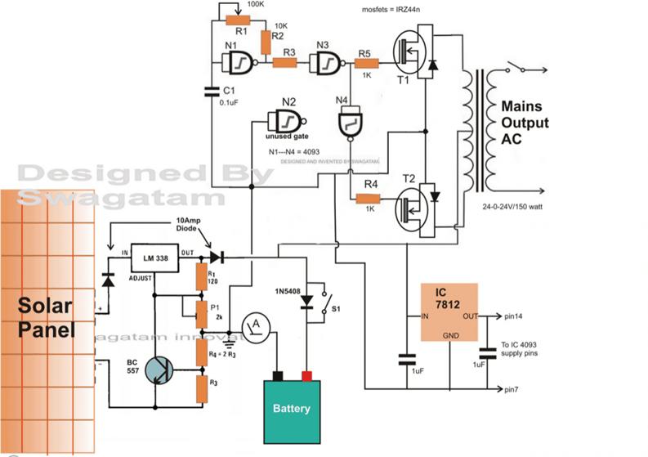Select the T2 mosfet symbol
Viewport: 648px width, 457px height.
coord(412,204)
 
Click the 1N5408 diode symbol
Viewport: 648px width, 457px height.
coord(308,301)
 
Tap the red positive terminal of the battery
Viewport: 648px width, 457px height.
coord(308,375)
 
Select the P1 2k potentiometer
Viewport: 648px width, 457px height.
coord(201,310)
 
